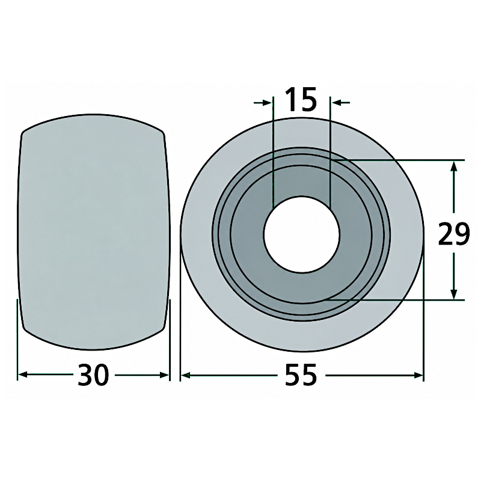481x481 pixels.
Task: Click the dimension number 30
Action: coord(93,375)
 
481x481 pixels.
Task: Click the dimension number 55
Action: coord(301,375)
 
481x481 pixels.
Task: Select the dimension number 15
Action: coord(301,99)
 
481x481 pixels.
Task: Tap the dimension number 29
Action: coord(454,234)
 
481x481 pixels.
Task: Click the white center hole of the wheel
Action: coord(302,234)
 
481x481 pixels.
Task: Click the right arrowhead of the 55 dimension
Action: coord(417,375)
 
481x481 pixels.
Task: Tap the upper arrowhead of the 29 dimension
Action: coord(454,167)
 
